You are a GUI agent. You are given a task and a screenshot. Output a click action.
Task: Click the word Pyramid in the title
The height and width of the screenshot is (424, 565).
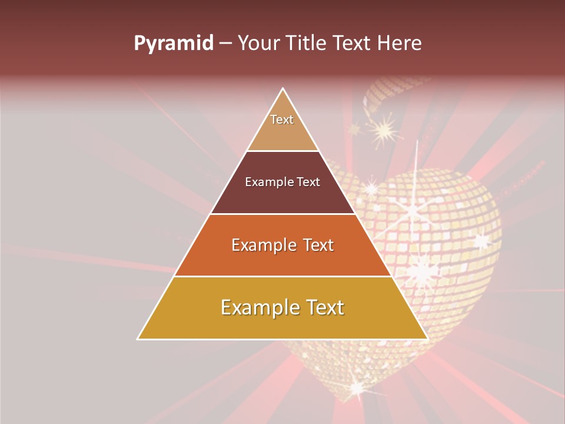click(x=173, y=44)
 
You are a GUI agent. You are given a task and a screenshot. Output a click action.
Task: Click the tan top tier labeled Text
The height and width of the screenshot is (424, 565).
click(x=282, y=127)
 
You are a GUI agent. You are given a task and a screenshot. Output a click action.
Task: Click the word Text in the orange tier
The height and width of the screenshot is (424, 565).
click(x=318, y=245)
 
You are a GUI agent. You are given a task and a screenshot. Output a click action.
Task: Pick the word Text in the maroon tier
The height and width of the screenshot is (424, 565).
click(x=308, y=182)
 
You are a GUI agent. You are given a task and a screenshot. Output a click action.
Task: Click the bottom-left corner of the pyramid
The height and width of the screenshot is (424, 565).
click(x=138, y=339)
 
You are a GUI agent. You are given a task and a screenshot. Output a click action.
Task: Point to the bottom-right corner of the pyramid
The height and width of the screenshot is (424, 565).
click(x=427, y=339)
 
